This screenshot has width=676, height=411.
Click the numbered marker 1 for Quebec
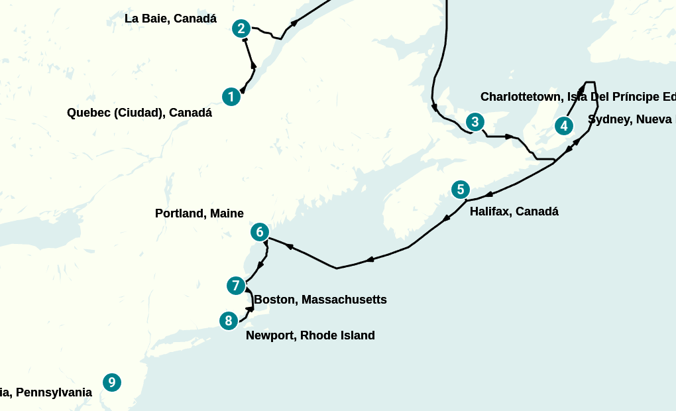coord(231,97)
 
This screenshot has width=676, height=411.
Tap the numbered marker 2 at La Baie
coord(241,29)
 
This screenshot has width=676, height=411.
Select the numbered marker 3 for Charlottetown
coord(475,122)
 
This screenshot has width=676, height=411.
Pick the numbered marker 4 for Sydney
coord(563,125)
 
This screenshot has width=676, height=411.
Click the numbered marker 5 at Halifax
coord(461,190)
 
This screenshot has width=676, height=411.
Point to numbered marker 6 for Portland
coord(260,232)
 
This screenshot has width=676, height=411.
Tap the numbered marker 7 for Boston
coord(235,286)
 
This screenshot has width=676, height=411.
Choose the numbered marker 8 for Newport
coord(229,321)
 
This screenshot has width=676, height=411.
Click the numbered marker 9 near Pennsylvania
coord(112,382)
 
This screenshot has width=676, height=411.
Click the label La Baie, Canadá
coord(170,19)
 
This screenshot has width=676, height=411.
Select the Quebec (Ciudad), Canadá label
coord(139,113)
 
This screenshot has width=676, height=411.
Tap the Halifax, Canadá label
coord(514,211)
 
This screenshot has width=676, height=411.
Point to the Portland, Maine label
coord(199,213)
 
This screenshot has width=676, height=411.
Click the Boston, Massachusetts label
coord(320,300)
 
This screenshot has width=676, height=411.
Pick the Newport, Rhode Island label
coord(310,335)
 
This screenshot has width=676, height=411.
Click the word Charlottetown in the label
coord(520,97)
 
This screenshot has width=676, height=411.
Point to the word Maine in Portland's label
coord(228,213)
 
